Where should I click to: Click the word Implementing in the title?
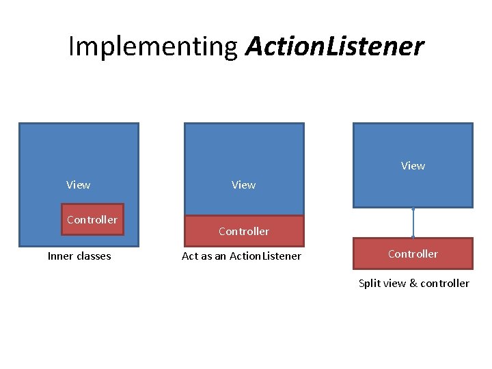coord(152,46)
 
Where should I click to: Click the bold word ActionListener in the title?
coord(334,46)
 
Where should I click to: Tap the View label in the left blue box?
coord(78,184)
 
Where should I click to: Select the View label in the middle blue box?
coord(244,184)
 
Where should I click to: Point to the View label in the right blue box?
coord(413,165)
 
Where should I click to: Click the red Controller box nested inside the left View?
coord(92,219)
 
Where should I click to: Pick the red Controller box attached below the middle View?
coord(244,231)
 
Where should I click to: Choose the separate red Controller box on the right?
coord(413,254)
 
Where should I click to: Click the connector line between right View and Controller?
coord(413,223)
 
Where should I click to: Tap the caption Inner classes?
coord(79,256)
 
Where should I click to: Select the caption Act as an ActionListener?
coord(241,256)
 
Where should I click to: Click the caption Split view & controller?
coord(414,283)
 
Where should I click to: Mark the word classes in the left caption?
coord(93,256)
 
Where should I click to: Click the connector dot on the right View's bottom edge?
coord(413,208)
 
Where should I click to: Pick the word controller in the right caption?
coord(445,283)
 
